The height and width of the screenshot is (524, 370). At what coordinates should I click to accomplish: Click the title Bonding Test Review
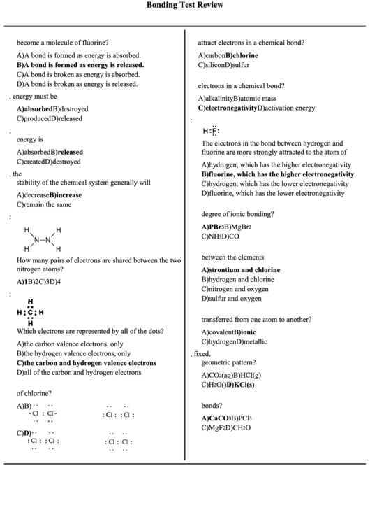(x=185, y=5)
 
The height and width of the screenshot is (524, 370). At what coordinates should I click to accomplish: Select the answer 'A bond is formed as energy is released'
(x=81, y=64)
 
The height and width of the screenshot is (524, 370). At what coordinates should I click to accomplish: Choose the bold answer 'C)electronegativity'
(x=228, y=108)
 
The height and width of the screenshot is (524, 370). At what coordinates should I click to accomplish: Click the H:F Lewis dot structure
(x=211, y=131)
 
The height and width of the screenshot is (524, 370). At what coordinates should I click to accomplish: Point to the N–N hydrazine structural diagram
(x=43, y=239)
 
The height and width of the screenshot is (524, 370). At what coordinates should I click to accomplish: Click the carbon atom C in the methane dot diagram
(x=30, y=312)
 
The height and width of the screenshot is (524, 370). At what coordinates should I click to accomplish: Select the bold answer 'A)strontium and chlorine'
(x=241, y=269)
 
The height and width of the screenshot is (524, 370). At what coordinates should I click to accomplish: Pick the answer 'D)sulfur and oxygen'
(x=232, y=299)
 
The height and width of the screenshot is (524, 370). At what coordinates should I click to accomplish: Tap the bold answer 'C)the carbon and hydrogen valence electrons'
(x=87, y=363)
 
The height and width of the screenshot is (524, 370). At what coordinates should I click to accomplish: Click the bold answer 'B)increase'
(x=65, y=195)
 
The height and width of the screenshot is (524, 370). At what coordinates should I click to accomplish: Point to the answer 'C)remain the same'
(x=44, y=205)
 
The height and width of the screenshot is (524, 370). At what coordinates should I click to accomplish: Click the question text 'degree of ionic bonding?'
(x=237, y=213)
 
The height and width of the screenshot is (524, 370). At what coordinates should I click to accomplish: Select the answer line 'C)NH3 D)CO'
(x=220, y=236)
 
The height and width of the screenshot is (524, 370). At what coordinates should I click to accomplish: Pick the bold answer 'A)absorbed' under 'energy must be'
(x=34, y=109)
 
